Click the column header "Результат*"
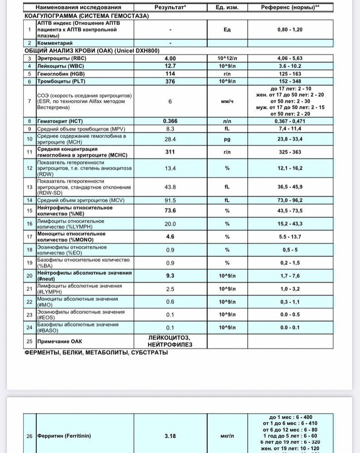coord(170,8)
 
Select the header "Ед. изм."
coord(227,8)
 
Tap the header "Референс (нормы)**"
coord(290,8)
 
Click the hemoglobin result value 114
coord(170,74)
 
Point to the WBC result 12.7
coord(170,66)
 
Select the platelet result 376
coord(170,82)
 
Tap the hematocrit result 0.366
coord(170,121)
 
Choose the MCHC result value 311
coord(170,152)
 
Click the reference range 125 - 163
coord(290,74)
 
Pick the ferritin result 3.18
coord(170,436)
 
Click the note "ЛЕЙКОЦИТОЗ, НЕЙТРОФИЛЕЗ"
coord(170,341)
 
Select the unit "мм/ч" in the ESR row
coord(227,102)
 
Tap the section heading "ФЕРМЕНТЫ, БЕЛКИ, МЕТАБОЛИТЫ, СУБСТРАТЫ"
coord(96,352)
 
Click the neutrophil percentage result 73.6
coord(170,210)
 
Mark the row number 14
coord(29,200)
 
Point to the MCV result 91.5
coord(170,200)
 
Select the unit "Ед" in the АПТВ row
coord(227,29)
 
